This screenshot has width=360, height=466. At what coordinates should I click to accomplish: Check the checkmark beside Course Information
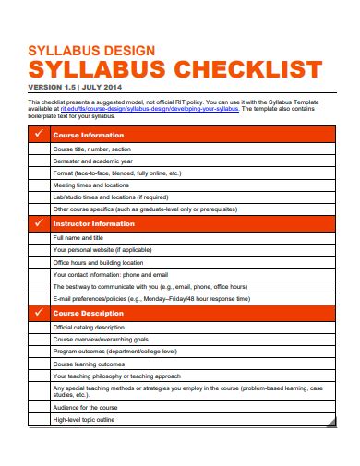pos(40,135)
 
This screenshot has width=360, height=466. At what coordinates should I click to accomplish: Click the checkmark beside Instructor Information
pos(40,223)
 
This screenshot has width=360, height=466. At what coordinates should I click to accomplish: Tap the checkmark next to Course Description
pos(40,313)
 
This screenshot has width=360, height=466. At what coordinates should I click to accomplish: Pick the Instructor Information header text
pos(93,223)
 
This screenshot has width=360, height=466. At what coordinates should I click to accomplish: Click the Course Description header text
pos(90,313)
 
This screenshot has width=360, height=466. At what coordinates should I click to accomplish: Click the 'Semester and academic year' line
pos(94,160)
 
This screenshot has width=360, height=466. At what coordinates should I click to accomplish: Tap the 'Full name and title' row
pos(82,236)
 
